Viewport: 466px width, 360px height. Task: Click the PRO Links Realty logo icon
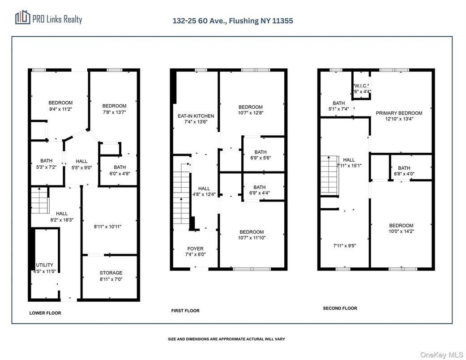coord(23,17)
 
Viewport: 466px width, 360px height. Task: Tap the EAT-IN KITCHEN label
coord(196,116)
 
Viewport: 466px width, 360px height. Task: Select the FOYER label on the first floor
coord(195,249)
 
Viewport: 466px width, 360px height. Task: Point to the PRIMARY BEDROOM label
coord(399,113)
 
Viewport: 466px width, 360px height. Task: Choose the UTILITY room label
coord(45,265)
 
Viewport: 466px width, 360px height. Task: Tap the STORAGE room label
coord(111,273)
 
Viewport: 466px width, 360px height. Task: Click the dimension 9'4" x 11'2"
coord(60,109)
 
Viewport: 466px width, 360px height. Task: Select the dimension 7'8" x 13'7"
coord(115,112)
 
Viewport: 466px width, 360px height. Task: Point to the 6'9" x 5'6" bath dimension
coord(261,158)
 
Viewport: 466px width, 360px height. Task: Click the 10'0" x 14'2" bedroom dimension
coord(401,231)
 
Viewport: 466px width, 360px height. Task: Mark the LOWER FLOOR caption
coord(45,313)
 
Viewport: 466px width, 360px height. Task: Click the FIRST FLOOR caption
coord(185,311)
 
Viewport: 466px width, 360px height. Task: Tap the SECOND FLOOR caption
coord(340,308)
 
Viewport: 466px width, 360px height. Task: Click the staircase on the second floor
coord(329,176)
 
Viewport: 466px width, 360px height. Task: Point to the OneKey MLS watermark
coord(442,355)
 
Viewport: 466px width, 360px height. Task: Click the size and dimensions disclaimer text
coord(227,339)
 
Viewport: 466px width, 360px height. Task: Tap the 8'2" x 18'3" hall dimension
coord(62,220)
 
